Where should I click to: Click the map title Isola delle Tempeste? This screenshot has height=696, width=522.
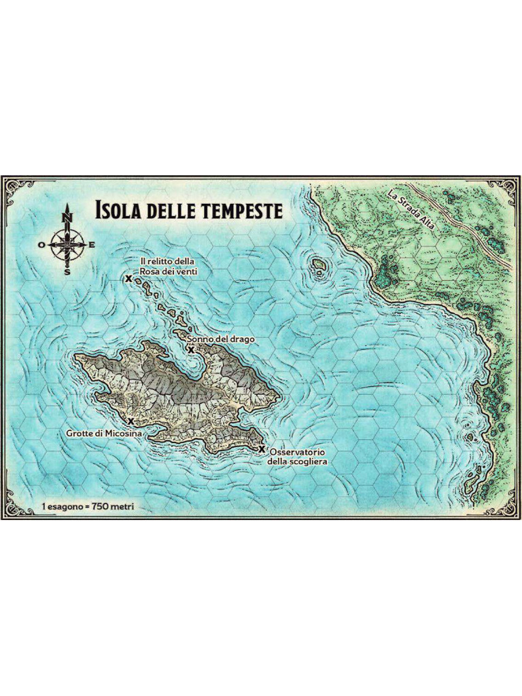(188, 209)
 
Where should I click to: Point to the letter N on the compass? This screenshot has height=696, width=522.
(67, 217)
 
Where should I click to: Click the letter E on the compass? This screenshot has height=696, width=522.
(92, 244)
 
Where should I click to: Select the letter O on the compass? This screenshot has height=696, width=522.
(41, 244)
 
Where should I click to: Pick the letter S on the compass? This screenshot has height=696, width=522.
(67, 271)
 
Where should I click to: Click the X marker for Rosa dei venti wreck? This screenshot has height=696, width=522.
(128, 278)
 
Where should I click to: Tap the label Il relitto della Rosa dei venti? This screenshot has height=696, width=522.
(168, 266)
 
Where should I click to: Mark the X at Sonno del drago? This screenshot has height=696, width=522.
(191, 349)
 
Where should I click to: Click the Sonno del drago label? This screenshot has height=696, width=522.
(221, 338)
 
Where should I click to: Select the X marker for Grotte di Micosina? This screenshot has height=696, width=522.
(130, 421)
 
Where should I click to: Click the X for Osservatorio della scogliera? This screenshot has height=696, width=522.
(262, 449)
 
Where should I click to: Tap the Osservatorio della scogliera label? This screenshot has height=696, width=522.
(299, 457)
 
